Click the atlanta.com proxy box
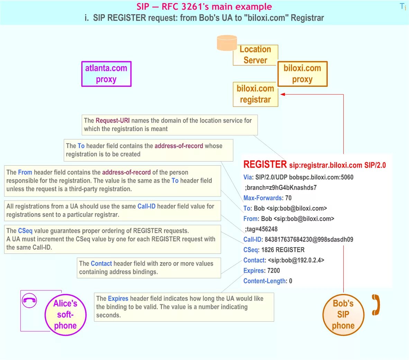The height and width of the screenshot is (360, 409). pyautogui.click(x=106, y=74)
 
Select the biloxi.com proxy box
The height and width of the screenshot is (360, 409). pyautogui.click(x=302, y=74)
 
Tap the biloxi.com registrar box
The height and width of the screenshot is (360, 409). pyautogui.click(x=255, y=94)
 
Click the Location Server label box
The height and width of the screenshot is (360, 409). pyautogui.click(x=255, y=55)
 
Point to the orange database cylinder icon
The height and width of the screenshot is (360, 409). pyautogui.click(x=227, y=43)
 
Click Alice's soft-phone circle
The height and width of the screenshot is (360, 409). pyautogui.click(x=65, y=314)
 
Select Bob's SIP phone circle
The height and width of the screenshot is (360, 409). pyautogui.click(x=343, y=314)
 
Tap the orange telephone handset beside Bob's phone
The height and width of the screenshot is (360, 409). pyautogui.click(x=376, y=305)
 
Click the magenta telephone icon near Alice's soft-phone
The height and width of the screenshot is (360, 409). pyautogui.click(x=29, y=300)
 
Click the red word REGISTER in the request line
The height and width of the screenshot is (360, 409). pyautogui.click(x=265, y=165)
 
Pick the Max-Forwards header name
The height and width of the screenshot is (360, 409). pyautogui.click(x=262, y=198)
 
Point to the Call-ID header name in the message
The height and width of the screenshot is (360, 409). pyautogui.click(x=253, y=240)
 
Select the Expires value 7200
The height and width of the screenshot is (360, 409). pyautogui.click(x=273, y=271)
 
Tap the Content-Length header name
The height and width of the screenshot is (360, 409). pyautogui.click(x=265, y=281)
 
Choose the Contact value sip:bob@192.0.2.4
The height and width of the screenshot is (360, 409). pyautogui.click(x=296, y=260)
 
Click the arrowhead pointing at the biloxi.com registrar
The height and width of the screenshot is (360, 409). pyautogui.click(x=283, y=94)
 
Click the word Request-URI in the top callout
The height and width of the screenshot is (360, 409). pyautogui.click(x=112, y=121)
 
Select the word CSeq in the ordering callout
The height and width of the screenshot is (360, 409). pyautogui.click(x=25, y=231)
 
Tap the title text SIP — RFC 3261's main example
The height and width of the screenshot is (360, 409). pyautogui.click(x=204, y=7)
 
